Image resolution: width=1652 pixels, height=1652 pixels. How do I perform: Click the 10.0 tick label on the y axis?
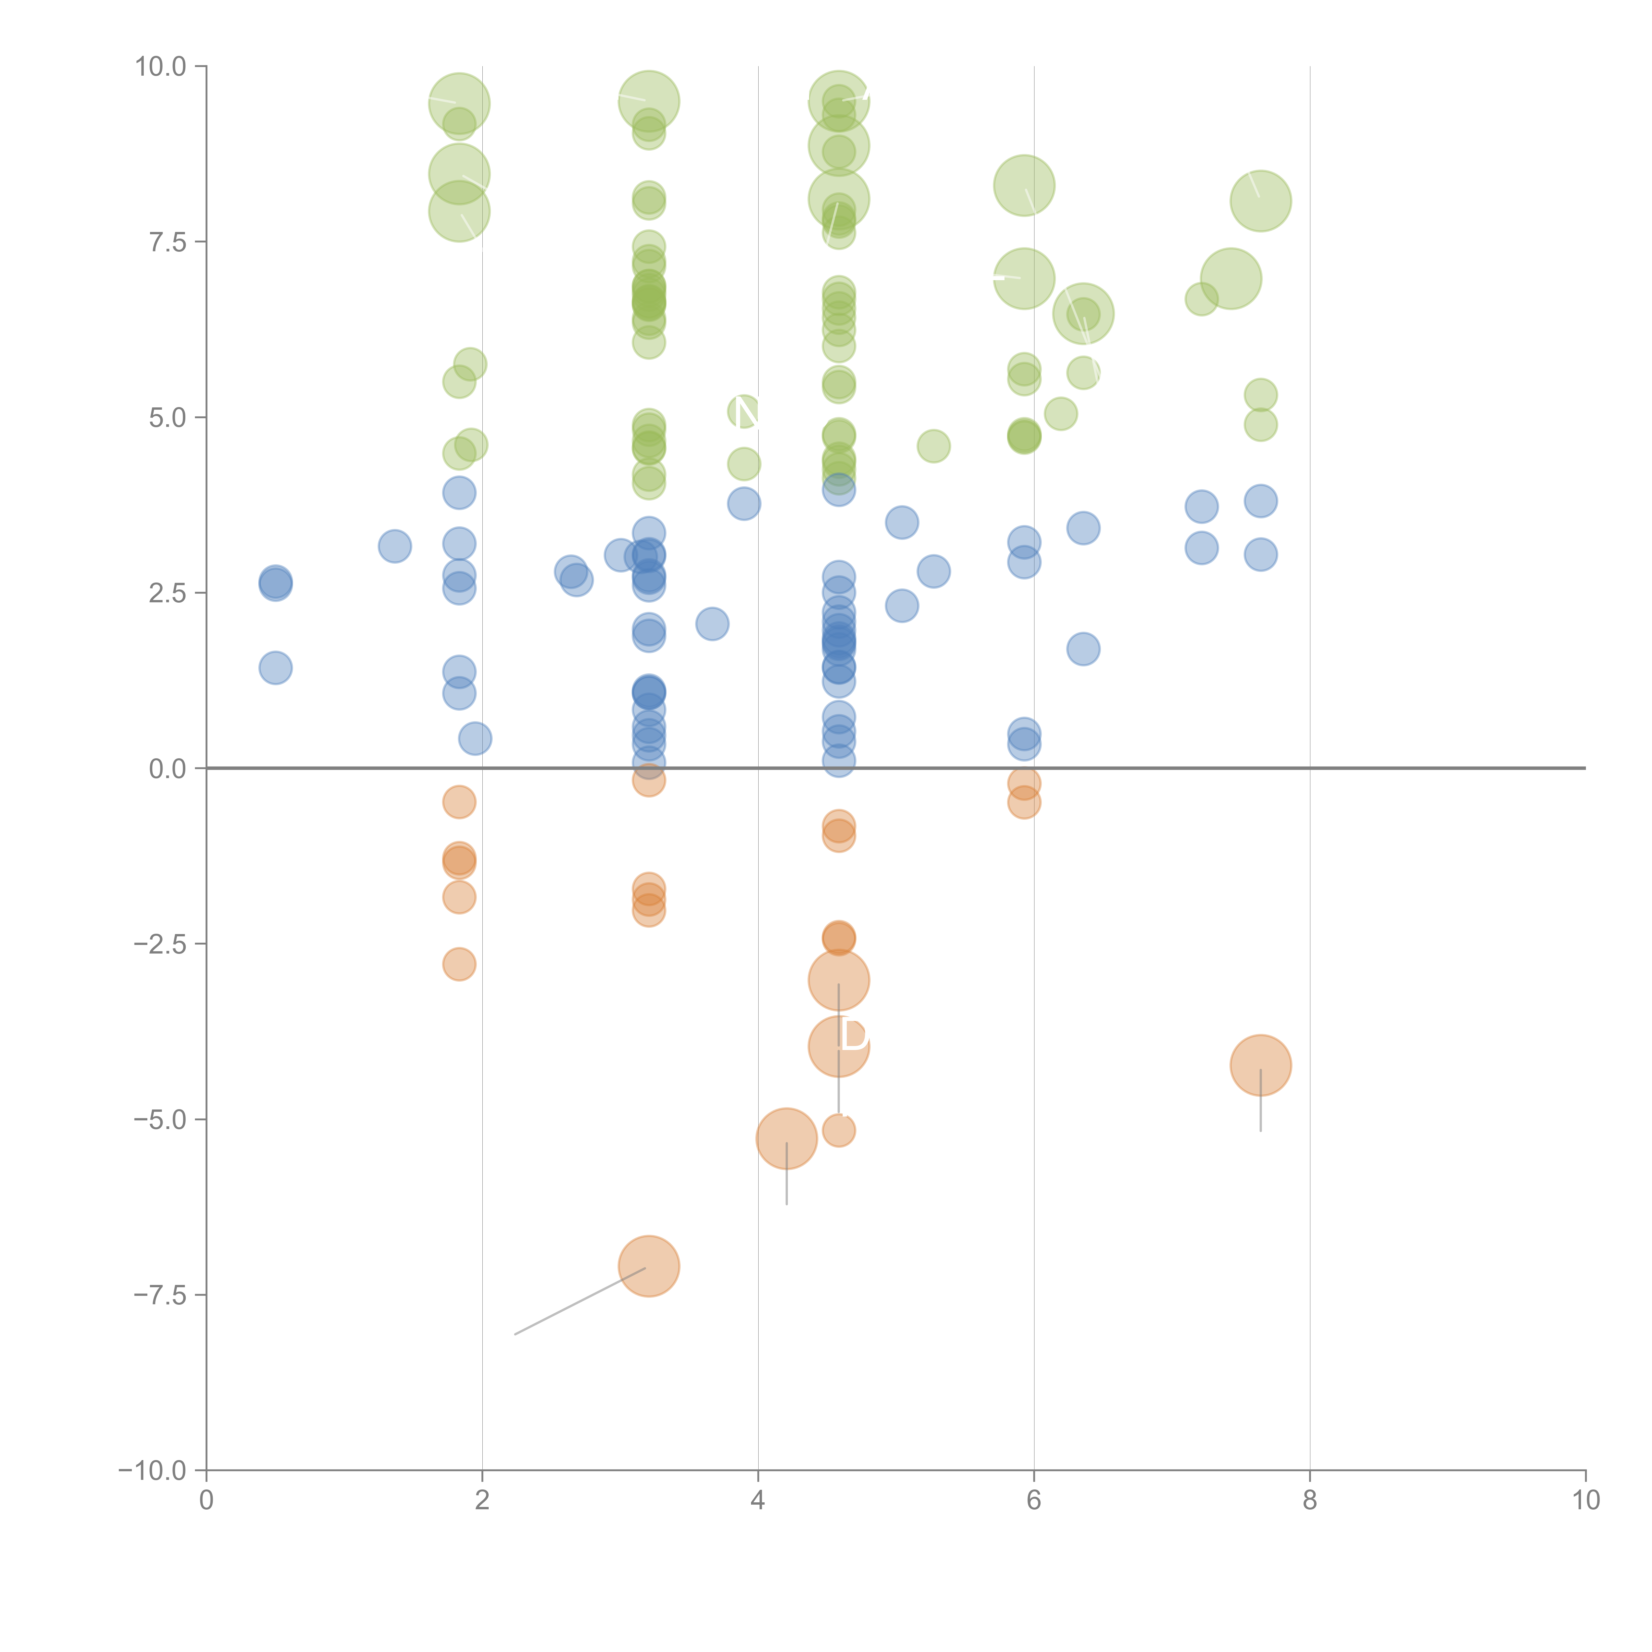[161, 67]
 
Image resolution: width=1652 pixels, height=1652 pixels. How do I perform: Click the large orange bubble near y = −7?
[649, 1266]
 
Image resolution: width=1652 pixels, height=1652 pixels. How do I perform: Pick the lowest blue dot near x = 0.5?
[275, 668]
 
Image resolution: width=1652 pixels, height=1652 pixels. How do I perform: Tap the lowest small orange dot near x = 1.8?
[459, 964]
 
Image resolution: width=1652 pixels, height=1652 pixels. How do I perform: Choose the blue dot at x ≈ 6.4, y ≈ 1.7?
[1083, 649]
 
